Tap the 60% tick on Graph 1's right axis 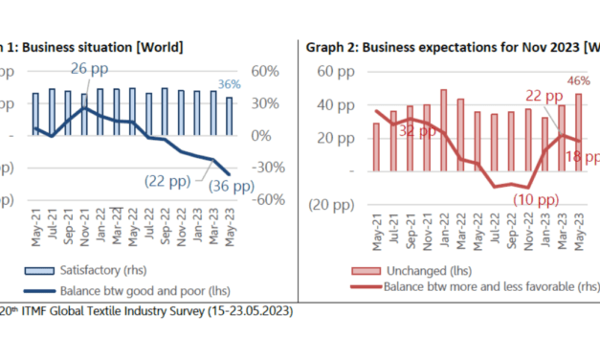coord(265,71)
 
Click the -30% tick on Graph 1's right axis coord(265,168)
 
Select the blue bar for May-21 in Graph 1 coord(35,114)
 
